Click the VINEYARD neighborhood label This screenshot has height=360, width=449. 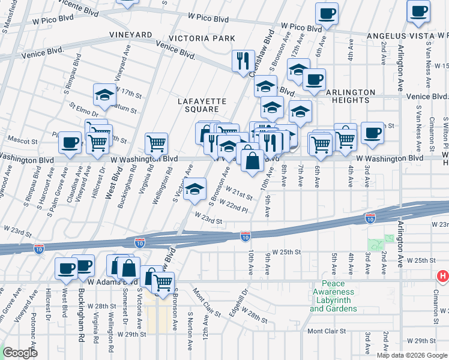pos(130,36)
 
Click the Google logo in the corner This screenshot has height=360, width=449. pos(21,353)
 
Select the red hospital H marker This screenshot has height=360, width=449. pos(443,276)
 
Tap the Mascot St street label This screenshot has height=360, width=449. pos(26,142)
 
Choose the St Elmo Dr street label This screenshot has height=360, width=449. pos(83,109)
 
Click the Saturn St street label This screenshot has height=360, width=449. pos(125,109)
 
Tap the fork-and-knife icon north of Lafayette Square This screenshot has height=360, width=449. pos(243,59)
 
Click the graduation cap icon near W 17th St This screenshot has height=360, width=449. pos(104,94)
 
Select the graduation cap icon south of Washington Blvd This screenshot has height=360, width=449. pos(194,189)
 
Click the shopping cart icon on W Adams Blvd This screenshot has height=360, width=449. pos(163,281)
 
